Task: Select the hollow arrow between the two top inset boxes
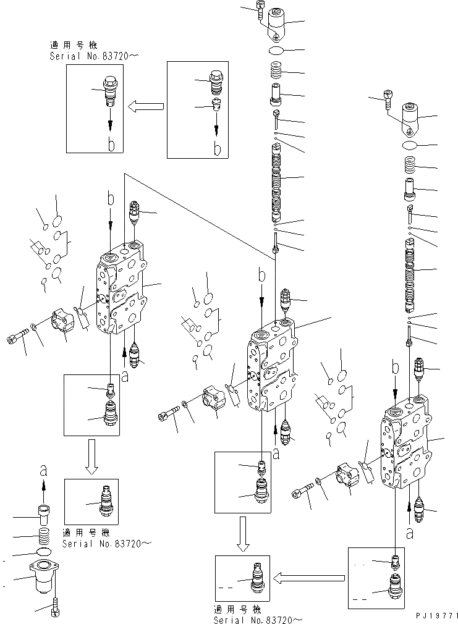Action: point(146,107)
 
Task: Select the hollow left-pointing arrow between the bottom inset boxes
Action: point(308,578)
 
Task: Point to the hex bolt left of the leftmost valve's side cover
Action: point(17,337)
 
